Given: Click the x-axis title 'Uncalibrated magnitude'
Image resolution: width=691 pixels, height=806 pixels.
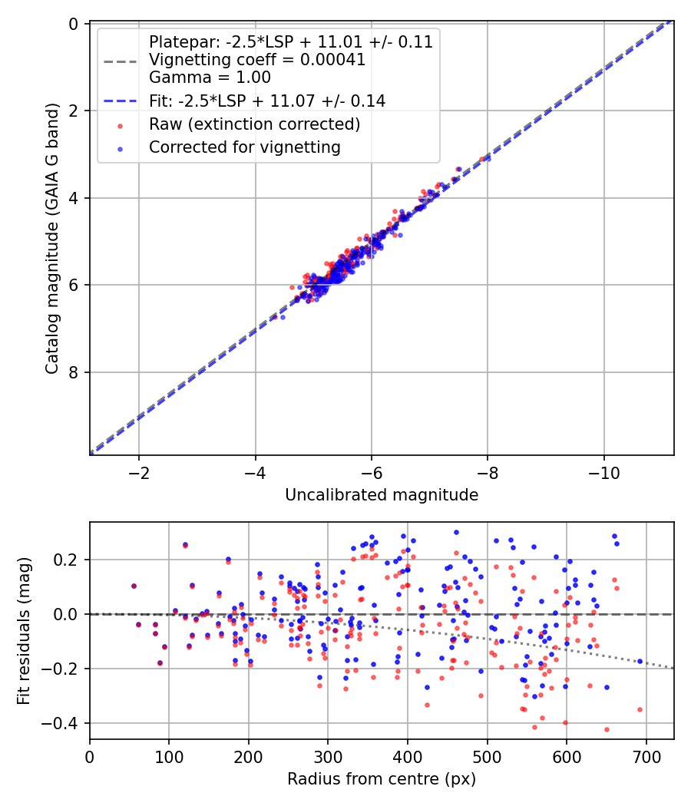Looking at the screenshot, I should (382, 495).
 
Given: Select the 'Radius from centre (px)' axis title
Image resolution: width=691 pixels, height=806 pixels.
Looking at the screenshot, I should (382, 779).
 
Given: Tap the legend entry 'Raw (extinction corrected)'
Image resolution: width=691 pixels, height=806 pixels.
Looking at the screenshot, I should (254, 124).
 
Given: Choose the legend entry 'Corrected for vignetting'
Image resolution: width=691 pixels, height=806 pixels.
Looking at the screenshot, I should (245, 147).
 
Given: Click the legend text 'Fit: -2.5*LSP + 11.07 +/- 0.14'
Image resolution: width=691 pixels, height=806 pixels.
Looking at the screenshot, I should (267, 101).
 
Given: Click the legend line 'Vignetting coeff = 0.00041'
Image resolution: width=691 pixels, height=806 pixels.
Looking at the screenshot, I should (257, 60).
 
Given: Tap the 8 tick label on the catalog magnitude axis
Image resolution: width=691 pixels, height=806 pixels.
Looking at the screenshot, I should (74, 372).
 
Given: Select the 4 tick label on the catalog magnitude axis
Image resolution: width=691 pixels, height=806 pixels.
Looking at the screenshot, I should (74, 198).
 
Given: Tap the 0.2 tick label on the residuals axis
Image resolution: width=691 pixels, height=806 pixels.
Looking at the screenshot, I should (68, 560).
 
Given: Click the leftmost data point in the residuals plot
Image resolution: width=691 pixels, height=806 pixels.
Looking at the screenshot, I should (134, 586).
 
